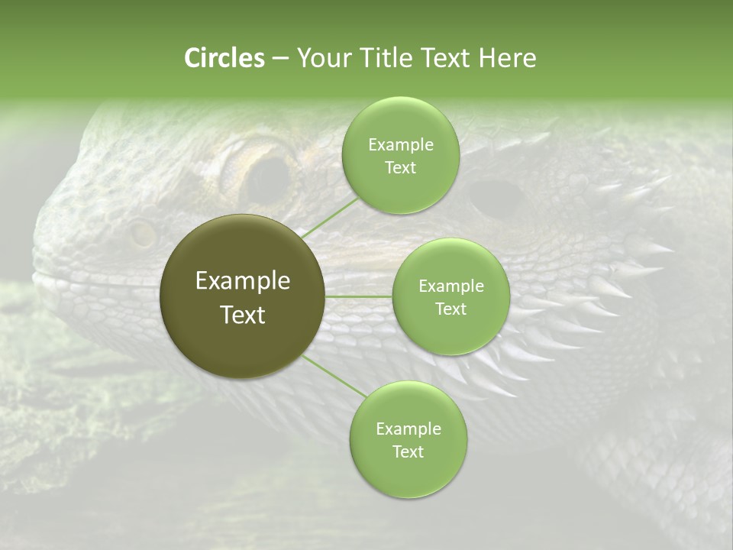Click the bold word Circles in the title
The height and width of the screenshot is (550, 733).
point(224,58)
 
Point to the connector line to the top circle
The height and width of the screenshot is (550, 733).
point(331,215)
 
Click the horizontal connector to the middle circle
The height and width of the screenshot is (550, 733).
point(358,296)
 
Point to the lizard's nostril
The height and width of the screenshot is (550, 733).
point(141,235)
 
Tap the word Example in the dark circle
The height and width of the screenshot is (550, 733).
point(243,281)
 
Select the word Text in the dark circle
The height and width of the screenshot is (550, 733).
point(243,315)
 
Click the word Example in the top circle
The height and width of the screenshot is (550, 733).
point(400,145)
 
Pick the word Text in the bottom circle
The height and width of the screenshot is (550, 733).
point(408,452)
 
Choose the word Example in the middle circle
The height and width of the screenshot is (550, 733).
point(450,286)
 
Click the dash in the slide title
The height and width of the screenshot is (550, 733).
point(279,59)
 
